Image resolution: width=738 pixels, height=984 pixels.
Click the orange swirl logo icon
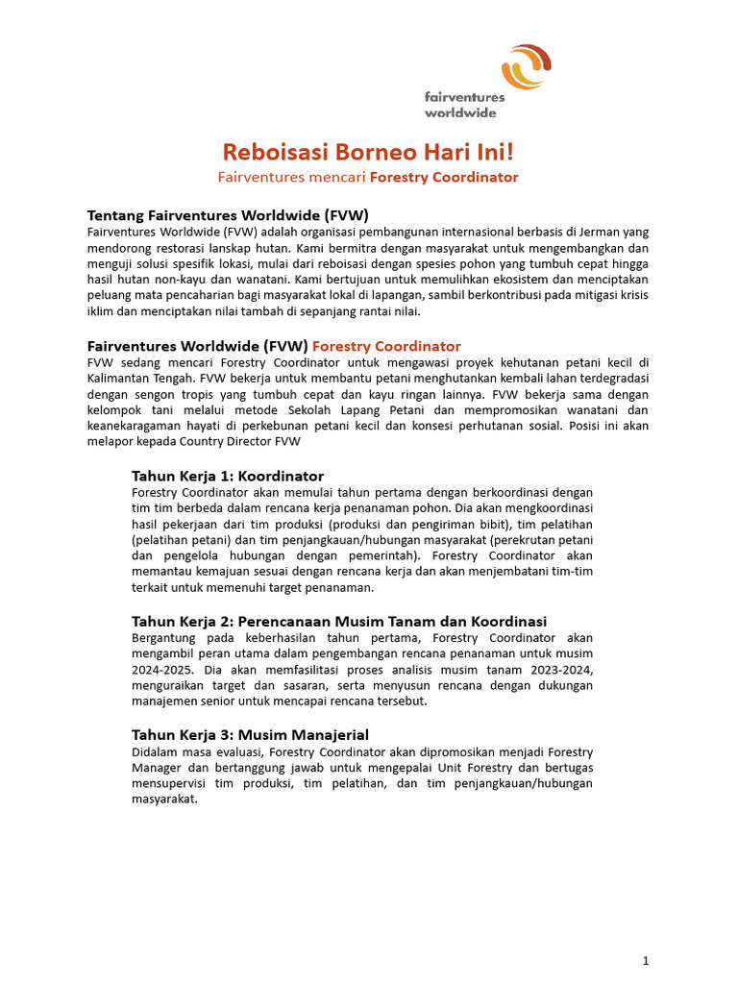coord(526,67)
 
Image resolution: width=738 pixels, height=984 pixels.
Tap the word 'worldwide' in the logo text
coord(460,111)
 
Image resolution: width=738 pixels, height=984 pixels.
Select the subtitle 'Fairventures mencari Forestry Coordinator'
coord(368,177)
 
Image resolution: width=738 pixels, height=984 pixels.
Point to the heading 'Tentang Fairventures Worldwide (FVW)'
coord(228,214)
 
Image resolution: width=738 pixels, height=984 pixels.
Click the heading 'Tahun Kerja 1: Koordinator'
coord(227,476)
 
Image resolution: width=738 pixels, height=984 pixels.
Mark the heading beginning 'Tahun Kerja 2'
coord(338,621)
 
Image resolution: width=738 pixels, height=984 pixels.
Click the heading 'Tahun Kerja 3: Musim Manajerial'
coord(250,734)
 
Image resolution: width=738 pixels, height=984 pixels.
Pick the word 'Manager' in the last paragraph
coord(158,768)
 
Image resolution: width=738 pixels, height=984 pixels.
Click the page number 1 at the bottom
coord(646,960)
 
